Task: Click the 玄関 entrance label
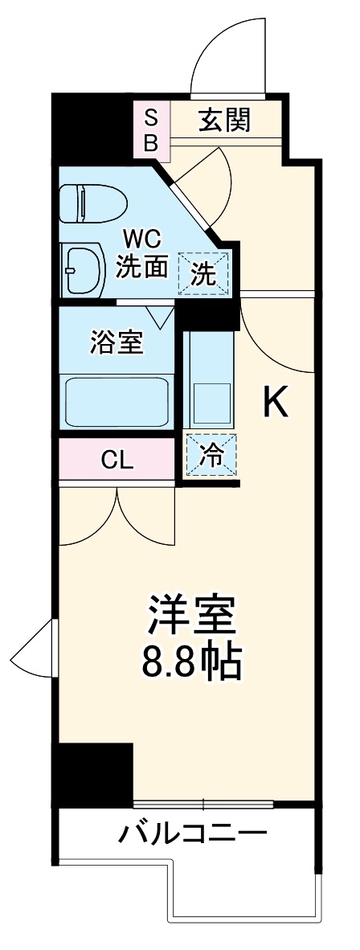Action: [x=227, y=120]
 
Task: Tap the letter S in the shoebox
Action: [x=151, y=117]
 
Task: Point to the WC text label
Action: [x=142, y=239]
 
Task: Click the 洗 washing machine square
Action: [x=203, y=274]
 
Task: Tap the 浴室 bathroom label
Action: [x=116, y=342]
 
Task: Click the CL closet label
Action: [x=117, y=461]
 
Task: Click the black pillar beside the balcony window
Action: [x=93, y=774]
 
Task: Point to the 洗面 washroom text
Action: [x=142, y=267]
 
